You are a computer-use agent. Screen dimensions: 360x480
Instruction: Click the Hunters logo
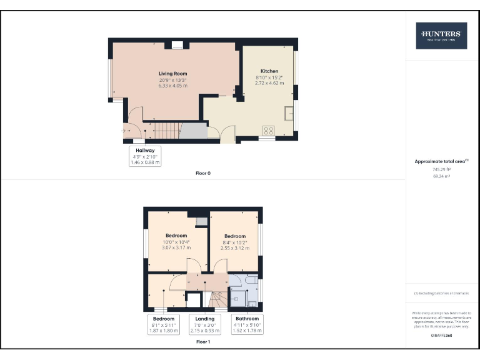[441, 36]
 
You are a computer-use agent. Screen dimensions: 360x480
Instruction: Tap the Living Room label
[173, 74]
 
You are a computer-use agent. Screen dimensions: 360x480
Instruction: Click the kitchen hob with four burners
[269, 131]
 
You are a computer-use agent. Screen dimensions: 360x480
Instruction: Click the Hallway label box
[145, 156]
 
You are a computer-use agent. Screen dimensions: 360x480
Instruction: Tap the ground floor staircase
[166, 131]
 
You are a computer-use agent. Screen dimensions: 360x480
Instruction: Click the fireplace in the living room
[177, 45]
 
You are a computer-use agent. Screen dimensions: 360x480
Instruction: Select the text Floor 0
[203, 173]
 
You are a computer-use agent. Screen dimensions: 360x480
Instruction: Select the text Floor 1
[203, 342]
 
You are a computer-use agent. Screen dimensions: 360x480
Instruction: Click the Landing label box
[206, 324]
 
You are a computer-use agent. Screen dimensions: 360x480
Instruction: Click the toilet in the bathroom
[252, 304]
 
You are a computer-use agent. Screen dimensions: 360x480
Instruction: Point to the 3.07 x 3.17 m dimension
[177, 247]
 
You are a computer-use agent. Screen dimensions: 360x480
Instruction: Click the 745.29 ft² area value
[442, 169]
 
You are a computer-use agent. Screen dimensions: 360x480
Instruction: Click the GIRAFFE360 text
[441, 336]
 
